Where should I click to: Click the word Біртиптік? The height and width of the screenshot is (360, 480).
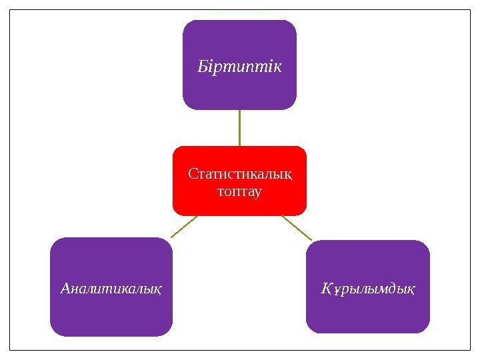[239, 67]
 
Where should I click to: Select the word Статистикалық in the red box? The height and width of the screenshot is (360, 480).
[240, 175]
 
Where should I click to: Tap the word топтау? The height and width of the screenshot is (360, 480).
[240, 192]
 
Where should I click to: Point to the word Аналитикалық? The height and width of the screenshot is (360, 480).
[111, 289]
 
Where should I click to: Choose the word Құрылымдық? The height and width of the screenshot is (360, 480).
[367, 289]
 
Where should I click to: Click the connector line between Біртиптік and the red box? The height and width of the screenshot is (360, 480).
[239, 127]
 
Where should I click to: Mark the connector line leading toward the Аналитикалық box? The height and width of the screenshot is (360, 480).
[184, 227]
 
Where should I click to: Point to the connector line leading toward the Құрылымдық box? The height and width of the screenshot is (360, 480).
[297, 227]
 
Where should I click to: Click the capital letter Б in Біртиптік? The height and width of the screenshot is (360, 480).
[202, 67]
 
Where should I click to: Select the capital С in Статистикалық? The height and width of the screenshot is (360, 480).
[193, 175]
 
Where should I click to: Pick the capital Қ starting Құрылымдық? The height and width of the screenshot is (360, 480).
[326, 289]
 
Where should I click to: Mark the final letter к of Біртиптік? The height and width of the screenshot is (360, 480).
[277, 67]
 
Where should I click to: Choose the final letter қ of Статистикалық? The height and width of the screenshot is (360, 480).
[288, 176]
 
